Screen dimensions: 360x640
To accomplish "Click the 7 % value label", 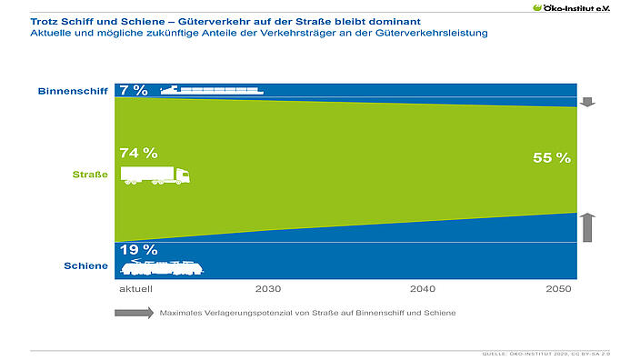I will click(133, 89).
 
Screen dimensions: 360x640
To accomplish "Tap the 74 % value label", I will click(137, 153).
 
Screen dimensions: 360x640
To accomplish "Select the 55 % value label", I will click(551, 158).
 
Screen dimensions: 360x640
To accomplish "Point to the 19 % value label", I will click(137, 249).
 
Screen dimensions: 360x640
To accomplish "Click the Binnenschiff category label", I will click(74, 91).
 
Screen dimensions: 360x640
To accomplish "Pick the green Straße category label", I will click(91, 174).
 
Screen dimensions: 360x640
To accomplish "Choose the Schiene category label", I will click(87, 266).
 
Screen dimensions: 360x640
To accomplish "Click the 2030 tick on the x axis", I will click(268, 288).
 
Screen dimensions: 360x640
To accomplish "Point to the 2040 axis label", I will click(423, 288).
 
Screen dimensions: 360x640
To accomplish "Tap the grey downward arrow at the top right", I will click(587, 101).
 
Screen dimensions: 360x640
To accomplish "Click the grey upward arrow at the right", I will click(587, 226).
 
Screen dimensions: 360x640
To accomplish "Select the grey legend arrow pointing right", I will click(134, 313).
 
